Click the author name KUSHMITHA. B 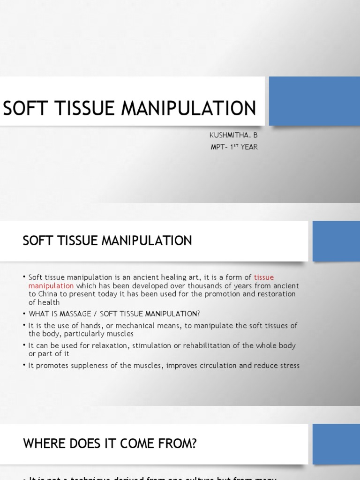pyautogui.click(x=233, y=135)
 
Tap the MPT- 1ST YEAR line pyautogui.click(x=234, y=147)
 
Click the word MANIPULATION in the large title pyautogui.click(x=189, y=108)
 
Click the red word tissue pyautogui.click(x=264, y=277)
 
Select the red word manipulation pyautogui.click(x=51, y=285)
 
